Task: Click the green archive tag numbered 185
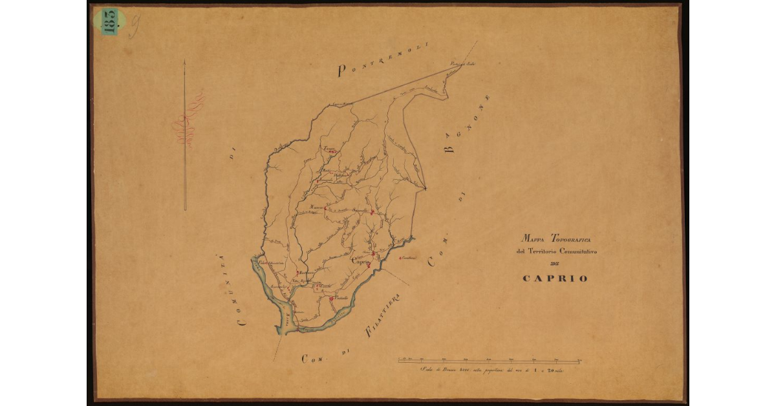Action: tap(109, 21)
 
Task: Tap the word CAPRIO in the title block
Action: tap(555, 279)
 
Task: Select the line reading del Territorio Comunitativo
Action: tap(556, 251)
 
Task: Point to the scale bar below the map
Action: tap(490, 360)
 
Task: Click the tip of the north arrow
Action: tap(185, 63)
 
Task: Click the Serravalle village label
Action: tap(360, 211)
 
